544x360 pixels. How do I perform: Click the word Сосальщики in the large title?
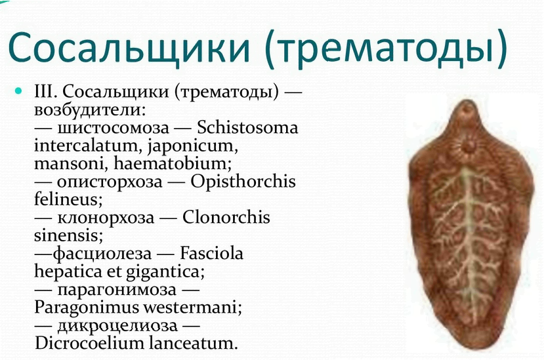129,47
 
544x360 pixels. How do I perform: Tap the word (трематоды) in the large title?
386,47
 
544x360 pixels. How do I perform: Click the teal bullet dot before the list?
18,91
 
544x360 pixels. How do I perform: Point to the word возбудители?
90,110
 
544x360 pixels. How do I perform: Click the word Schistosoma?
247,127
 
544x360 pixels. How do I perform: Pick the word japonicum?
193,146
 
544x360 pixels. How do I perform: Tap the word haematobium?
173,163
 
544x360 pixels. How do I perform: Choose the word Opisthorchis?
243,182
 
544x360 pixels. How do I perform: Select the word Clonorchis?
226,218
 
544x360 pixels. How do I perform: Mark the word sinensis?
68,235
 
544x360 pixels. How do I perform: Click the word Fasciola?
211,253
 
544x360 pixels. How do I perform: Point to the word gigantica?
165,272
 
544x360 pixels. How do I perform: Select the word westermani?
192,308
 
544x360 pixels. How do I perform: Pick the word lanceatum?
193,344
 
